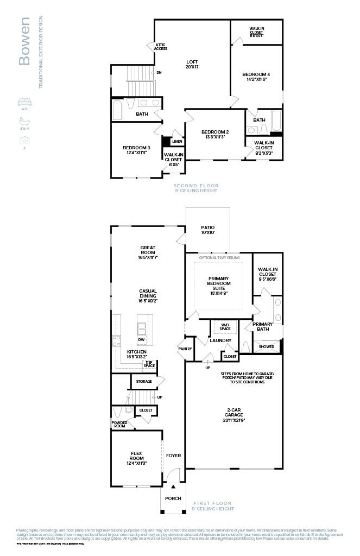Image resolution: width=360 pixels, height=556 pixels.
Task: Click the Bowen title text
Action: (x=24, y=41)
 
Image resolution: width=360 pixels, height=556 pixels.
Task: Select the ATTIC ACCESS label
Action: (x=161, y=47)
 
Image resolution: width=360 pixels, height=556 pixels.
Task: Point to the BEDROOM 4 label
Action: (x=256, y=77)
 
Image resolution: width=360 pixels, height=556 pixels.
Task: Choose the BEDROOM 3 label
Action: (x=136, y=150)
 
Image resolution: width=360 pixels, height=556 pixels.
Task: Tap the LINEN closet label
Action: (x=177, y=142)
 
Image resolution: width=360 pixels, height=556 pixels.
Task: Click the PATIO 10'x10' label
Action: (x=208, y=230)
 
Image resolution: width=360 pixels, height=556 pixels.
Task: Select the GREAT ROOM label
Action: (x=148, y=252)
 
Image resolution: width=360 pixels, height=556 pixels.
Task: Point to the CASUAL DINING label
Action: (x=148, y=295)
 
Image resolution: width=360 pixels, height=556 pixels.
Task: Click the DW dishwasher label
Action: (x=141, y=340)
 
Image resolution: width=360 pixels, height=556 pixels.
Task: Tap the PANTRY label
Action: (x=185, y=349)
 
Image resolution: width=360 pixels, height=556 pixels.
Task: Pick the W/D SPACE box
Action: (x=225, y=327)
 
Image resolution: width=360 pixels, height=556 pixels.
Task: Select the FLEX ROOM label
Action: (x=136, y=456)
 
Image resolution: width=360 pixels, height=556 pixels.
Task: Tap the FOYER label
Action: (x=173, y=456)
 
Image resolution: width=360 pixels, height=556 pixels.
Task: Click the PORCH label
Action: (x=173, y=498)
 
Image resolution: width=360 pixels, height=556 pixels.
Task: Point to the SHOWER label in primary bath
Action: (x=267, y=346)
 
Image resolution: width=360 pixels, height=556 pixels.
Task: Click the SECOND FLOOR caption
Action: (x=195, y=188)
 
